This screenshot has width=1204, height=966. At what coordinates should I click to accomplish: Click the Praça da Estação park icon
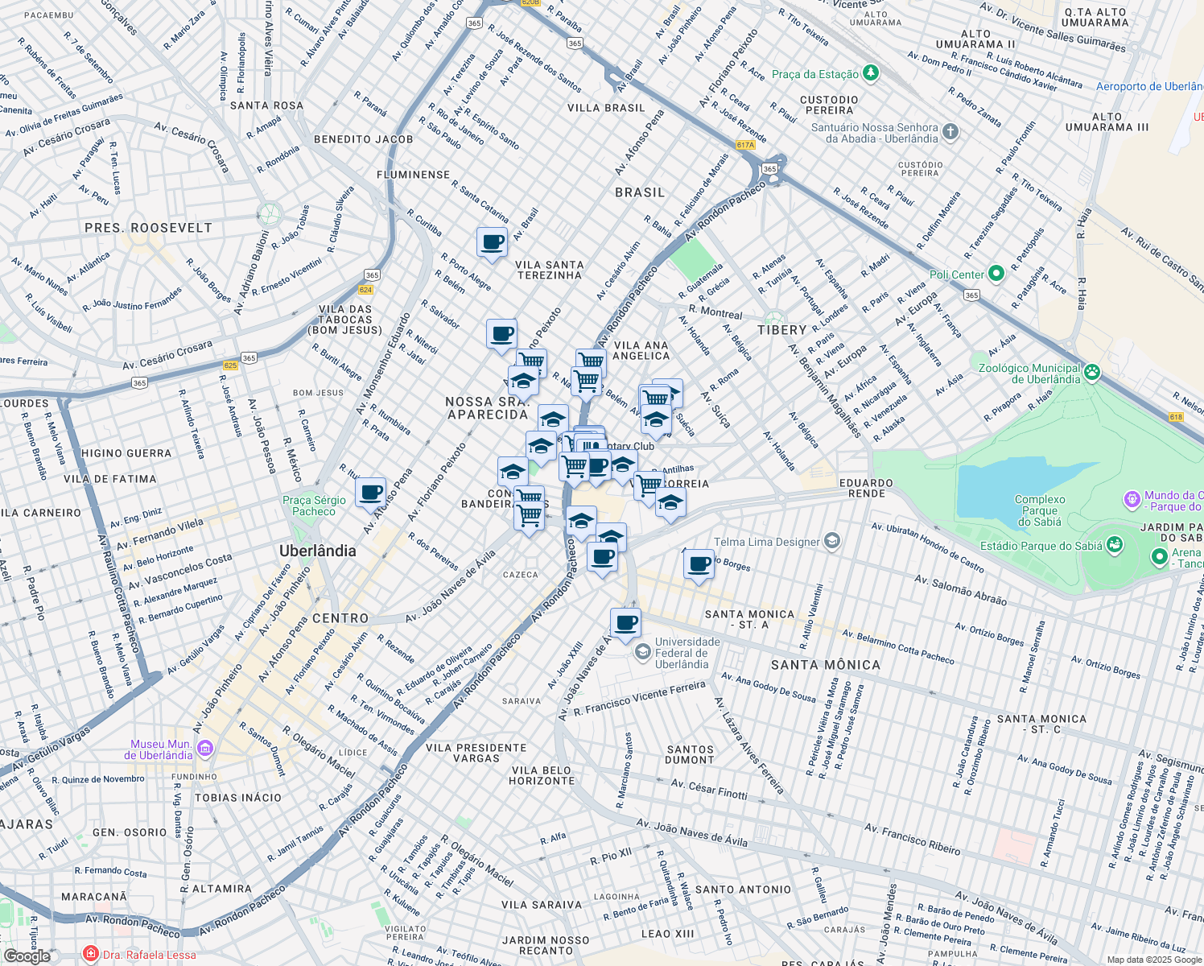coord(870,74)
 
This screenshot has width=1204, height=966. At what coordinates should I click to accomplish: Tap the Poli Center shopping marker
coord(996,275)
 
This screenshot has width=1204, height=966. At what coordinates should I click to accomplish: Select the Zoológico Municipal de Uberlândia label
coord(1029,374)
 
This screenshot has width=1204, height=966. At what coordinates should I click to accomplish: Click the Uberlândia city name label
coord(317,551)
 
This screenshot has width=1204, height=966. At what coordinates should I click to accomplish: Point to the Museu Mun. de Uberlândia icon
coord(204,749)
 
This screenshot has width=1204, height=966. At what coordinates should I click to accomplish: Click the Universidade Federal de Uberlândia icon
coord(642,652)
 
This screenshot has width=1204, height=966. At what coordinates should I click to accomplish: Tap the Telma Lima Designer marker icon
coord(832,541)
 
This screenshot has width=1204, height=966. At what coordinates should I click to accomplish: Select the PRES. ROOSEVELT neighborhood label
coord(148,228)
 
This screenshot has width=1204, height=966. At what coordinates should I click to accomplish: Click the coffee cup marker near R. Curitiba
coord(492,242)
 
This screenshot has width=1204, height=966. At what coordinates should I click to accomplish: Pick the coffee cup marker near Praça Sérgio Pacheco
coord(370,493)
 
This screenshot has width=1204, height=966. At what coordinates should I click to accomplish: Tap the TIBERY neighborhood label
coord(781,330)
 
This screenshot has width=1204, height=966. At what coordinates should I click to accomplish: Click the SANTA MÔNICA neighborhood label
coord(825,665)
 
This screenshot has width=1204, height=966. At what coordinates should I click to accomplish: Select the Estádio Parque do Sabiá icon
coord(1115,545)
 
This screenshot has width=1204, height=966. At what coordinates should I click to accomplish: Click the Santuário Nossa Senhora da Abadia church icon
coord(950,132)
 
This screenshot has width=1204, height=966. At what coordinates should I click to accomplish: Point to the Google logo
coord(27,956)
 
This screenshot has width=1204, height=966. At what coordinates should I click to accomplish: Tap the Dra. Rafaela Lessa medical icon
coord(91,955)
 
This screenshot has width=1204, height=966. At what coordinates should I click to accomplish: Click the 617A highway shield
coord(745,146)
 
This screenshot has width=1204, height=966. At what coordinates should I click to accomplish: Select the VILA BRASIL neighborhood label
coord(606,108)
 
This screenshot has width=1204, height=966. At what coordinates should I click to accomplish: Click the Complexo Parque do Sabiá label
coord(1039,510)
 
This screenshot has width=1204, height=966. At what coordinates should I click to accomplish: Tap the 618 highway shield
coord(1176,416)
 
